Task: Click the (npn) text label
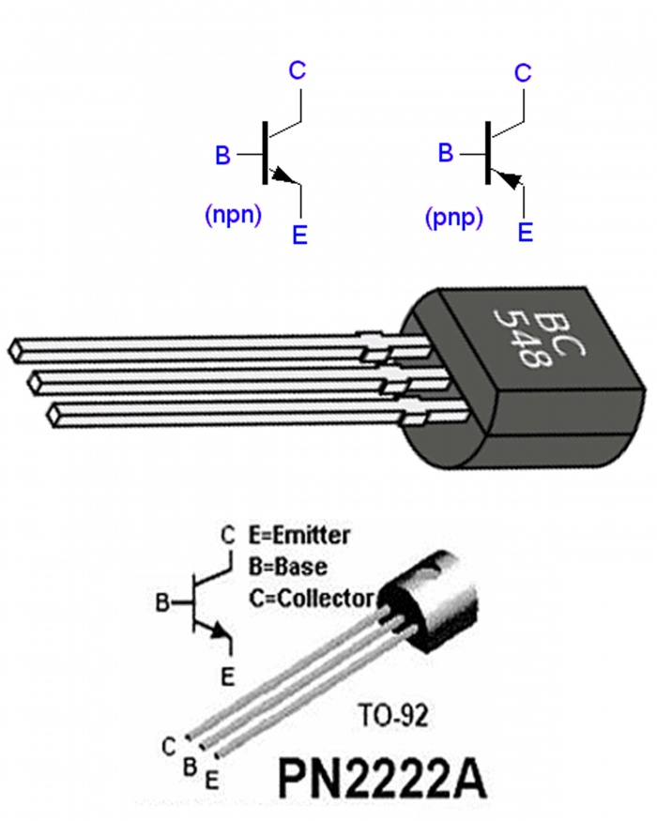(232, 215)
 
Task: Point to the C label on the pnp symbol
(524, 72)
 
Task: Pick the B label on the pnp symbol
(447, 153)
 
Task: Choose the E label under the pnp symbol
(526, 232)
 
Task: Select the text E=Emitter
(299, 537)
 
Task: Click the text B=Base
(287, 567)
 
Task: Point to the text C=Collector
(311, 598)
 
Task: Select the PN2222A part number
(382, 777)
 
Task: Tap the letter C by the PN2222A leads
(168, 747)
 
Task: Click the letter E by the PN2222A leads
(213, 778)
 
